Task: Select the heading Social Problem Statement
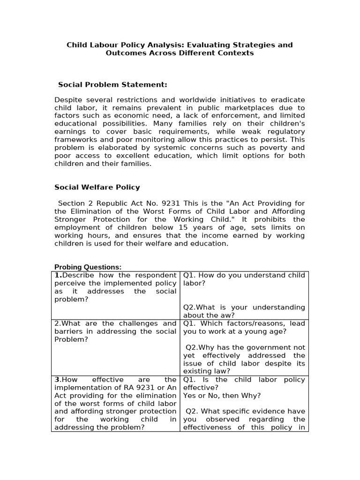(x=112, y=85)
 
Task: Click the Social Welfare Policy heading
(x=97, y=187)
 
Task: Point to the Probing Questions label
(x=88, y=267)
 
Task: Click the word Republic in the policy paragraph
(x=106, y=203)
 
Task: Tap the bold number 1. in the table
(x=58, y=275)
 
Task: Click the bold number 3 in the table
(x=57, y=380)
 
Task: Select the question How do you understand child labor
(x=244, y=279)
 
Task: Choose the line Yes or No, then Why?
(x=222, y=396)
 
